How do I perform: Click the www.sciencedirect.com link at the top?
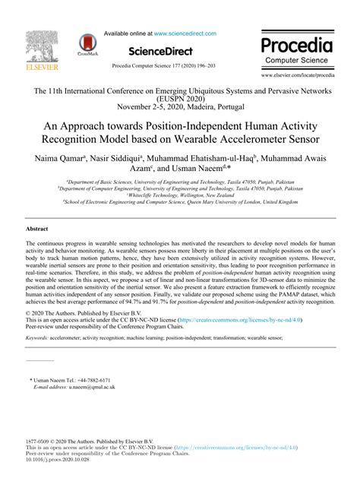point(186,33)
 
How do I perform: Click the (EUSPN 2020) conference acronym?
point(180,99)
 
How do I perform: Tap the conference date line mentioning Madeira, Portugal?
point(180,107)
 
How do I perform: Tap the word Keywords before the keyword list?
point(36,336)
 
